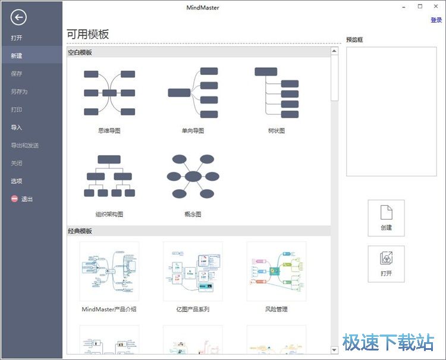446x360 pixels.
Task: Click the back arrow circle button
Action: coord(18,17)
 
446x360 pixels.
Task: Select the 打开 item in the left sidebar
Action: coord(17,38)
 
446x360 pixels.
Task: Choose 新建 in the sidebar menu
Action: coord(17,56)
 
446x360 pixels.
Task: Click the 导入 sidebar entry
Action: coord(17,127)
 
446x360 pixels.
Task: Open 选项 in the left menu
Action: coord(17,181)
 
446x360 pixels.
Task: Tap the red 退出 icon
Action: coord(14,199)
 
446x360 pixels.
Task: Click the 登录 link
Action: coord(436,20)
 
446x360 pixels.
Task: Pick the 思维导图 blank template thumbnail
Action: coord(109,93)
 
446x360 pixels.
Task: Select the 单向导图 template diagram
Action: coord(193,93)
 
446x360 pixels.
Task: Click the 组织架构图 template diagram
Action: coord(109,176)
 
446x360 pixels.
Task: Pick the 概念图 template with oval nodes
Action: coord(193,176)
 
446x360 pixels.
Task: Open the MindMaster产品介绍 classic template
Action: coord(109,271)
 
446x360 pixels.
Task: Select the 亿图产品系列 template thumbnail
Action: coord(193,271)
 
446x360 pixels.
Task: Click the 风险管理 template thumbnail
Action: coord(277,271)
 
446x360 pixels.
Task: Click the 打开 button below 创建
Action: coord(386,264)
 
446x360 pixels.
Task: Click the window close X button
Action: coord(436,7)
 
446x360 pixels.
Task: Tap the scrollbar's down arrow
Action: coord(334,350)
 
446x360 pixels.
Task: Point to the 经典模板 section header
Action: coord(80,231)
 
